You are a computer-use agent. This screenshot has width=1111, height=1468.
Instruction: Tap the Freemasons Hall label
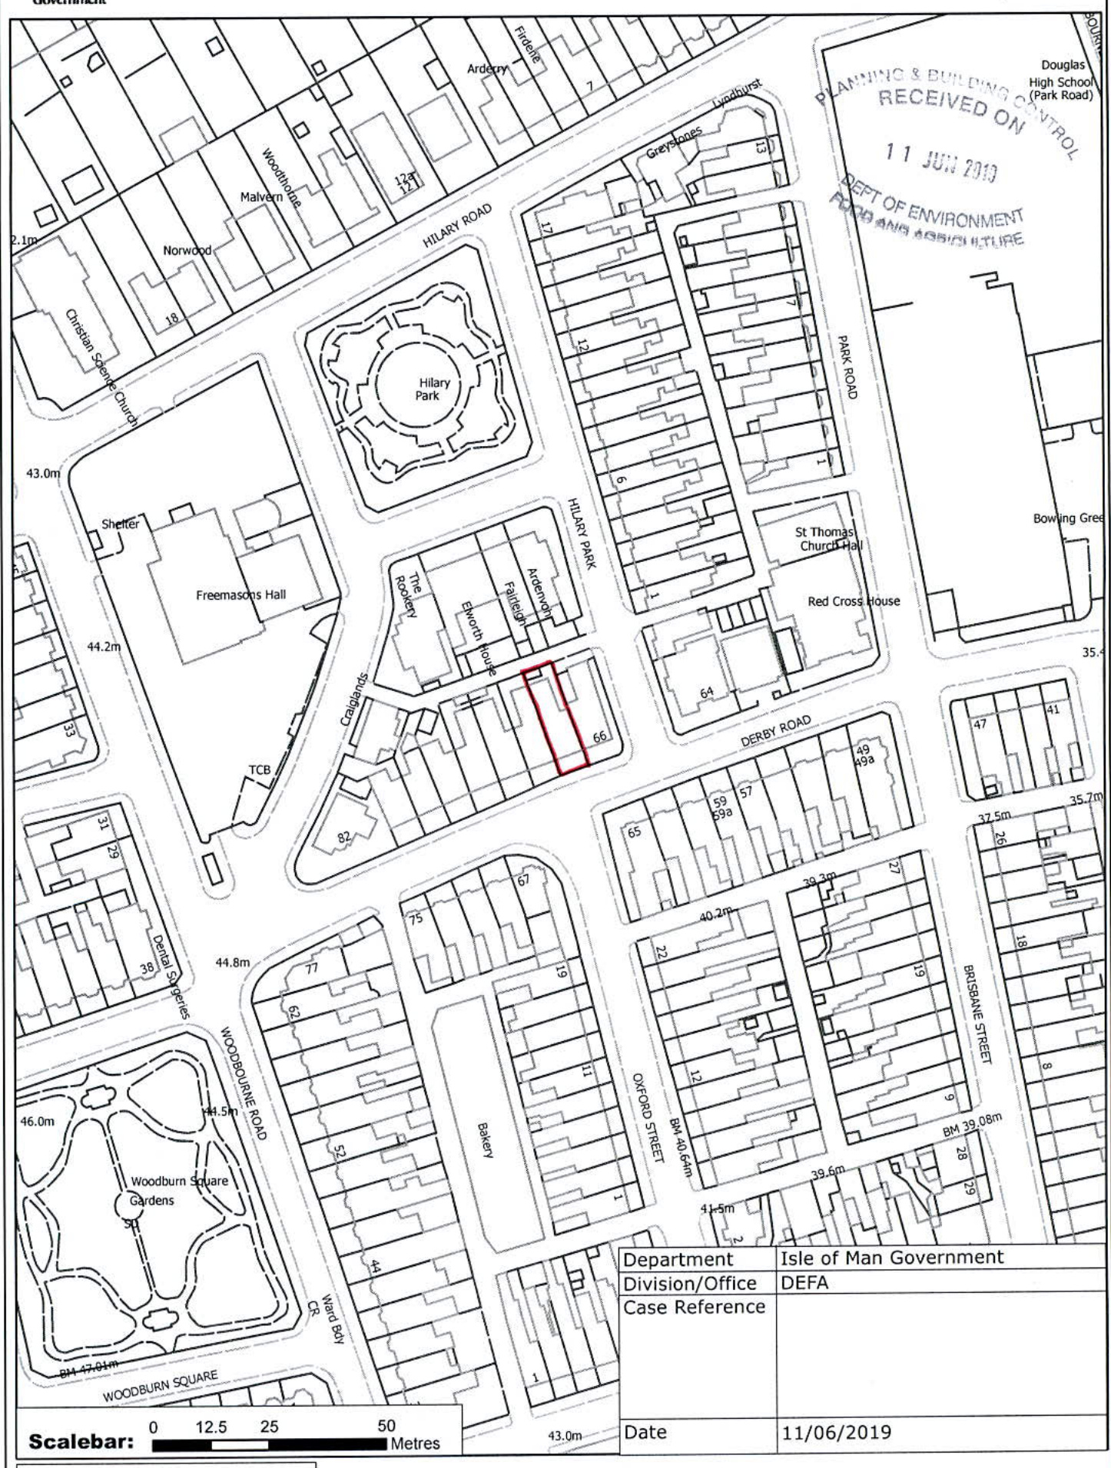[x=241, y=594]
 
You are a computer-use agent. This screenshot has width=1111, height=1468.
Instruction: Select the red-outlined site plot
[x=555, y=717]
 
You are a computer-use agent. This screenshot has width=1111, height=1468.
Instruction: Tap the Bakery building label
[x=485, y=1139]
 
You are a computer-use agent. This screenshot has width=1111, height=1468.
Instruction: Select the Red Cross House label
[x=853, y=601]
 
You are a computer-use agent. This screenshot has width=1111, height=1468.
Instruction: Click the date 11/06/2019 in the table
[x=836, y=1432]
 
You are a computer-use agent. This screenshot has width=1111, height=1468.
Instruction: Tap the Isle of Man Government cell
[x=891, y=1258]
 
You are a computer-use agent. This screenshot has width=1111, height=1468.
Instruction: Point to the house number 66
[x=600, y=736]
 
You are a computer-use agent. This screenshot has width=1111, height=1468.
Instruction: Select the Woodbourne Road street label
[x=244, y=1083]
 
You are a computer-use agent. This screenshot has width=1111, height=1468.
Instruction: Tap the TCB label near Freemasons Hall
[x=260, y=769]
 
